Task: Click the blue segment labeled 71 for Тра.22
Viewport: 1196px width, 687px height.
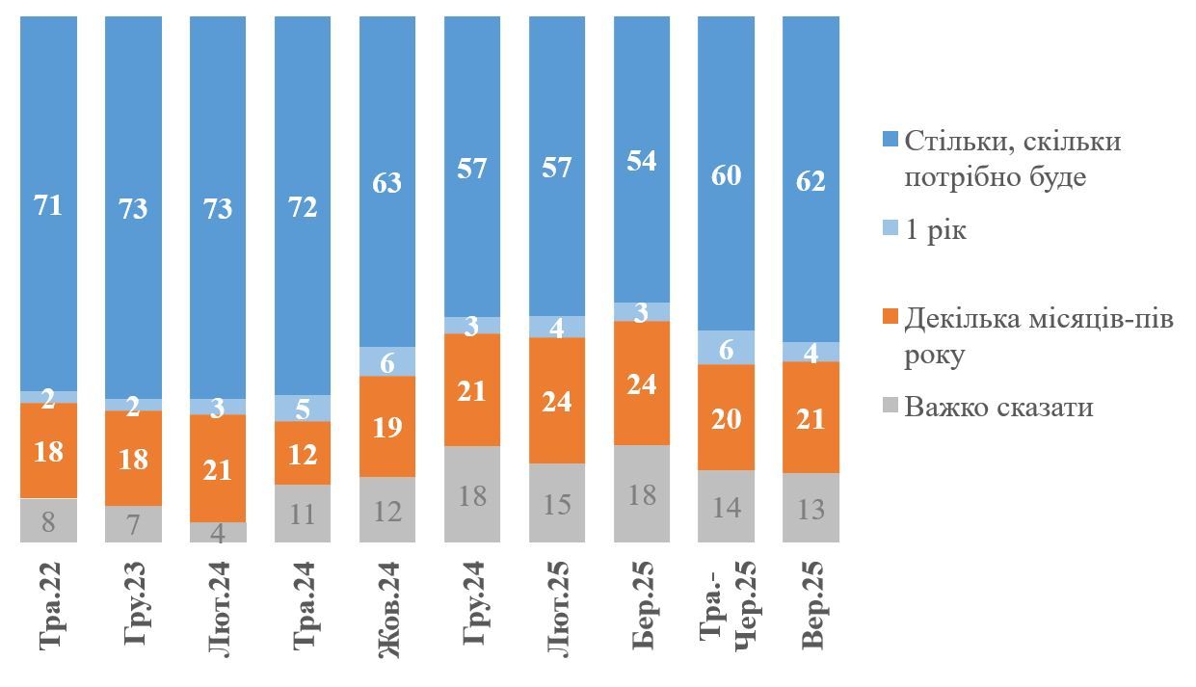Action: click(48, 204)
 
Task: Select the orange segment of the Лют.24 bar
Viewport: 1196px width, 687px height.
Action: click(218, 468)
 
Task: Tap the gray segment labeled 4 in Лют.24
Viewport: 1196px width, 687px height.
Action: click(218, 533)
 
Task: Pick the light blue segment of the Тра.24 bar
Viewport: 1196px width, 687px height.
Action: click(303, 409)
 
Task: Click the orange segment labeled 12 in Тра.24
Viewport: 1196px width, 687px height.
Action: click(303, 453)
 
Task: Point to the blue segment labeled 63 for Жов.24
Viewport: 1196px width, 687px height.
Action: click(387, 182)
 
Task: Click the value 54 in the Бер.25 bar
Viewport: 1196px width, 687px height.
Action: click(642, 161)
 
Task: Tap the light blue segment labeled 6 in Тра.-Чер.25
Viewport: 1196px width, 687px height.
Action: click(727, 348)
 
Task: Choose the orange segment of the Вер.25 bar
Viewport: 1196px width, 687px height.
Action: click(811, 417)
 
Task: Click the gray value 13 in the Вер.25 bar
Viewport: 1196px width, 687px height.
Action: click(811, 508)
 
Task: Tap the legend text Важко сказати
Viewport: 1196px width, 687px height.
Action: click(998, 407)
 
